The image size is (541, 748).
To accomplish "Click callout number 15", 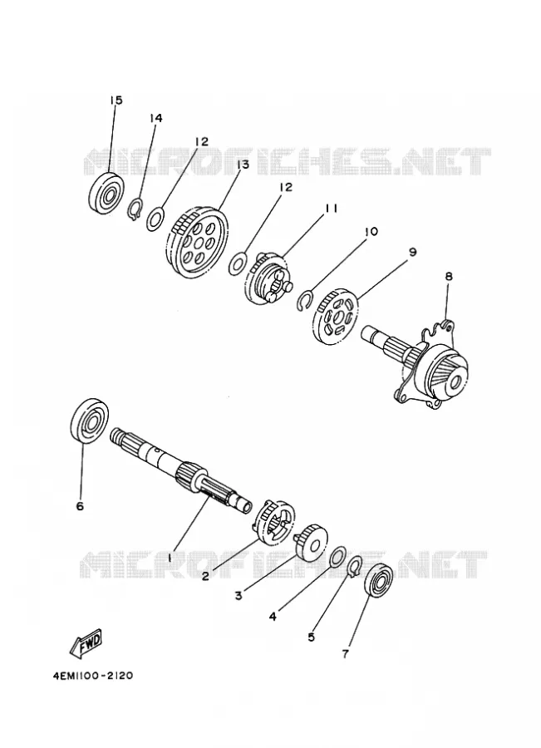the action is point(116,101).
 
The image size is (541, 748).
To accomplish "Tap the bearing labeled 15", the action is point(107,194).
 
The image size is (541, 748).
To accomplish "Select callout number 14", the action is point(156,118).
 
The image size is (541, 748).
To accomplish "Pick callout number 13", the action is point(243,165).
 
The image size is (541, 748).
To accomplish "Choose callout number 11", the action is point(332,209).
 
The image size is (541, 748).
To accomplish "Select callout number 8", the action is point(449,276).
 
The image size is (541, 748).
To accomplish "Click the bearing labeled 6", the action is point(90,420).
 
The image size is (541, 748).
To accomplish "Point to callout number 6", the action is point(80,505).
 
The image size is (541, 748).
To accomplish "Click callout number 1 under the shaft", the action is point(169,557).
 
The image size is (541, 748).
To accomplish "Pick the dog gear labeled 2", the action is point(276,521).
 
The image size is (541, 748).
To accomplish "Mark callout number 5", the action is point(311,637).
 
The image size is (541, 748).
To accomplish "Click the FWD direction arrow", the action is point(86,642).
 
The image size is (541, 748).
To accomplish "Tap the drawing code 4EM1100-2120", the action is point(94,676).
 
